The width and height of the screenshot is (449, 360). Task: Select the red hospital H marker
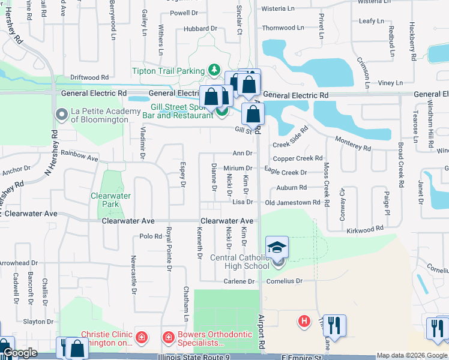click(304, 322)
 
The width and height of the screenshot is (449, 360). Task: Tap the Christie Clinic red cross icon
click(141, 338)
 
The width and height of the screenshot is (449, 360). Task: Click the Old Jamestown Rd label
click(293, 203)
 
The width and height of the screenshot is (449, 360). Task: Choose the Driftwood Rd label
click(89, 77)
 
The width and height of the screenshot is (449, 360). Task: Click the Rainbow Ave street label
click(79, 155)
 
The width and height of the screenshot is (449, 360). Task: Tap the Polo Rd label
click(151, 236)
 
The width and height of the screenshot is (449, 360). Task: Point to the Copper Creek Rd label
click(298, 158)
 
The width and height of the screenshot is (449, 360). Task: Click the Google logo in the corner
click(21, 353)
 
